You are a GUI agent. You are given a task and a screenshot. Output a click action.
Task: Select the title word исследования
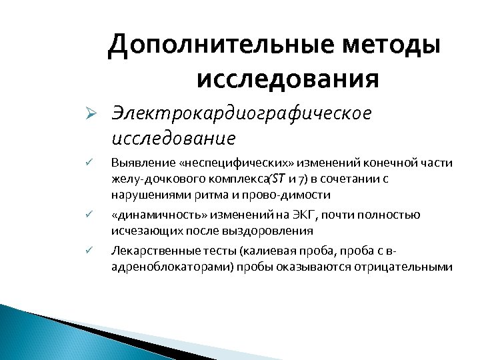coord(289,79)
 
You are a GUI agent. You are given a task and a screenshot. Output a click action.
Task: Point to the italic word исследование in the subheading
coord(173,139)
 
